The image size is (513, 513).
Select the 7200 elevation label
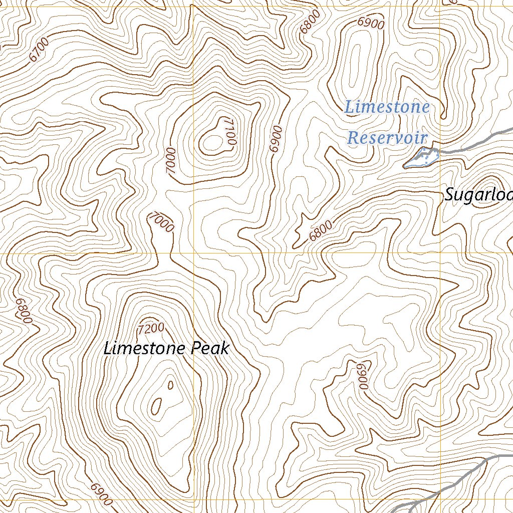tap(151, 329)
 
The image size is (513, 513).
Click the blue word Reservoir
tap(387, 138)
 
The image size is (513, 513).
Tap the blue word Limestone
tap(387, 107)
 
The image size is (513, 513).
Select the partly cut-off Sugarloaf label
tap(478, 195)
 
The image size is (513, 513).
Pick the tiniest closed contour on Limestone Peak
tap(170, 385)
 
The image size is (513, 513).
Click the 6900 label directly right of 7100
tap(276, 139)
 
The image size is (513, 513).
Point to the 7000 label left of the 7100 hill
tap(172, 160)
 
